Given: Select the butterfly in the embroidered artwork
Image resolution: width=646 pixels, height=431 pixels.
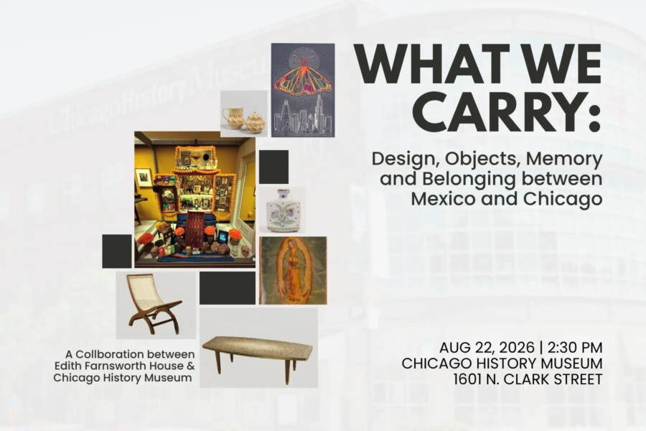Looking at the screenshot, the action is [x=303, y=76].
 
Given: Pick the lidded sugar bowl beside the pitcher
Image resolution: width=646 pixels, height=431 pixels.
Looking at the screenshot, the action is [x=255, y=123].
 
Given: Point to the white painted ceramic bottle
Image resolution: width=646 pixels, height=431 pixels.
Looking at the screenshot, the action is [x=283, y=210].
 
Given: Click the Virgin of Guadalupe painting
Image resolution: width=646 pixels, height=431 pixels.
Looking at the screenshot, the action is [x=293, y=270].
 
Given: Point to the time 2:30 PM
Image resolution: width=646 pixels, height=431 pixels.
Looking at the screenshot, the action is [x=575, y=348].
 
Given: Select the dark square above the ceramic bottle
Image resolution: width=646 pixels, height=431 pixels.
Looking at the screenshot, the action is [x=273, y=167].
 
